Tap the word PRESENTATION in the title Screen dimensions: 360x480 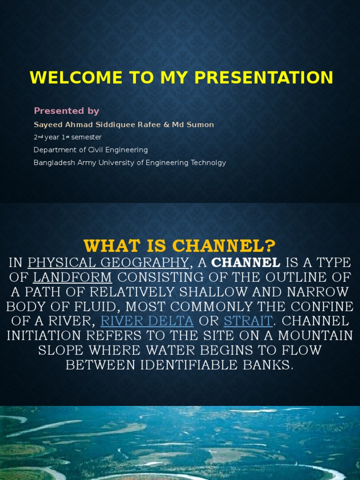click(x=263, y=77)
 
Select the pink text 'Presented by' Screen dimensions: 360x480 click(x=67, y=111)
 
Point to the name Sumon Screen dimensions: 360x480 click(x=200, y=125)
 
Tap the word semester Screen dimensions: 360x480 click(x=86, y=137)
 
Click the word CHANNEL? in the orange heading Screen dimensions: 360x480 click(x=224, y=246)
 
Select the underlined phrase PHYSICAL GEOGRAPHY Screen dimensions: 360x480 click(x=108, y=263)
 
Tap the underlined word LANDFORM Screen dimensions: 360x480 click(x=72, y=277)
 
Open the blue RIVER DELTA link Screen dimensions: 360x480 click(x=147, y=321)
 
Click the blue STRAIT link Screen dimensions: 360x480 click(x=248, y=321)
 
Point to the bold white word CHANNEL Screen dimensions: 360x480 click(x=246, y=262)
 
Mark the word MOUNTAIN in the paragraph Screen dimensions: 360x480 click(x=315, y=336)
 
